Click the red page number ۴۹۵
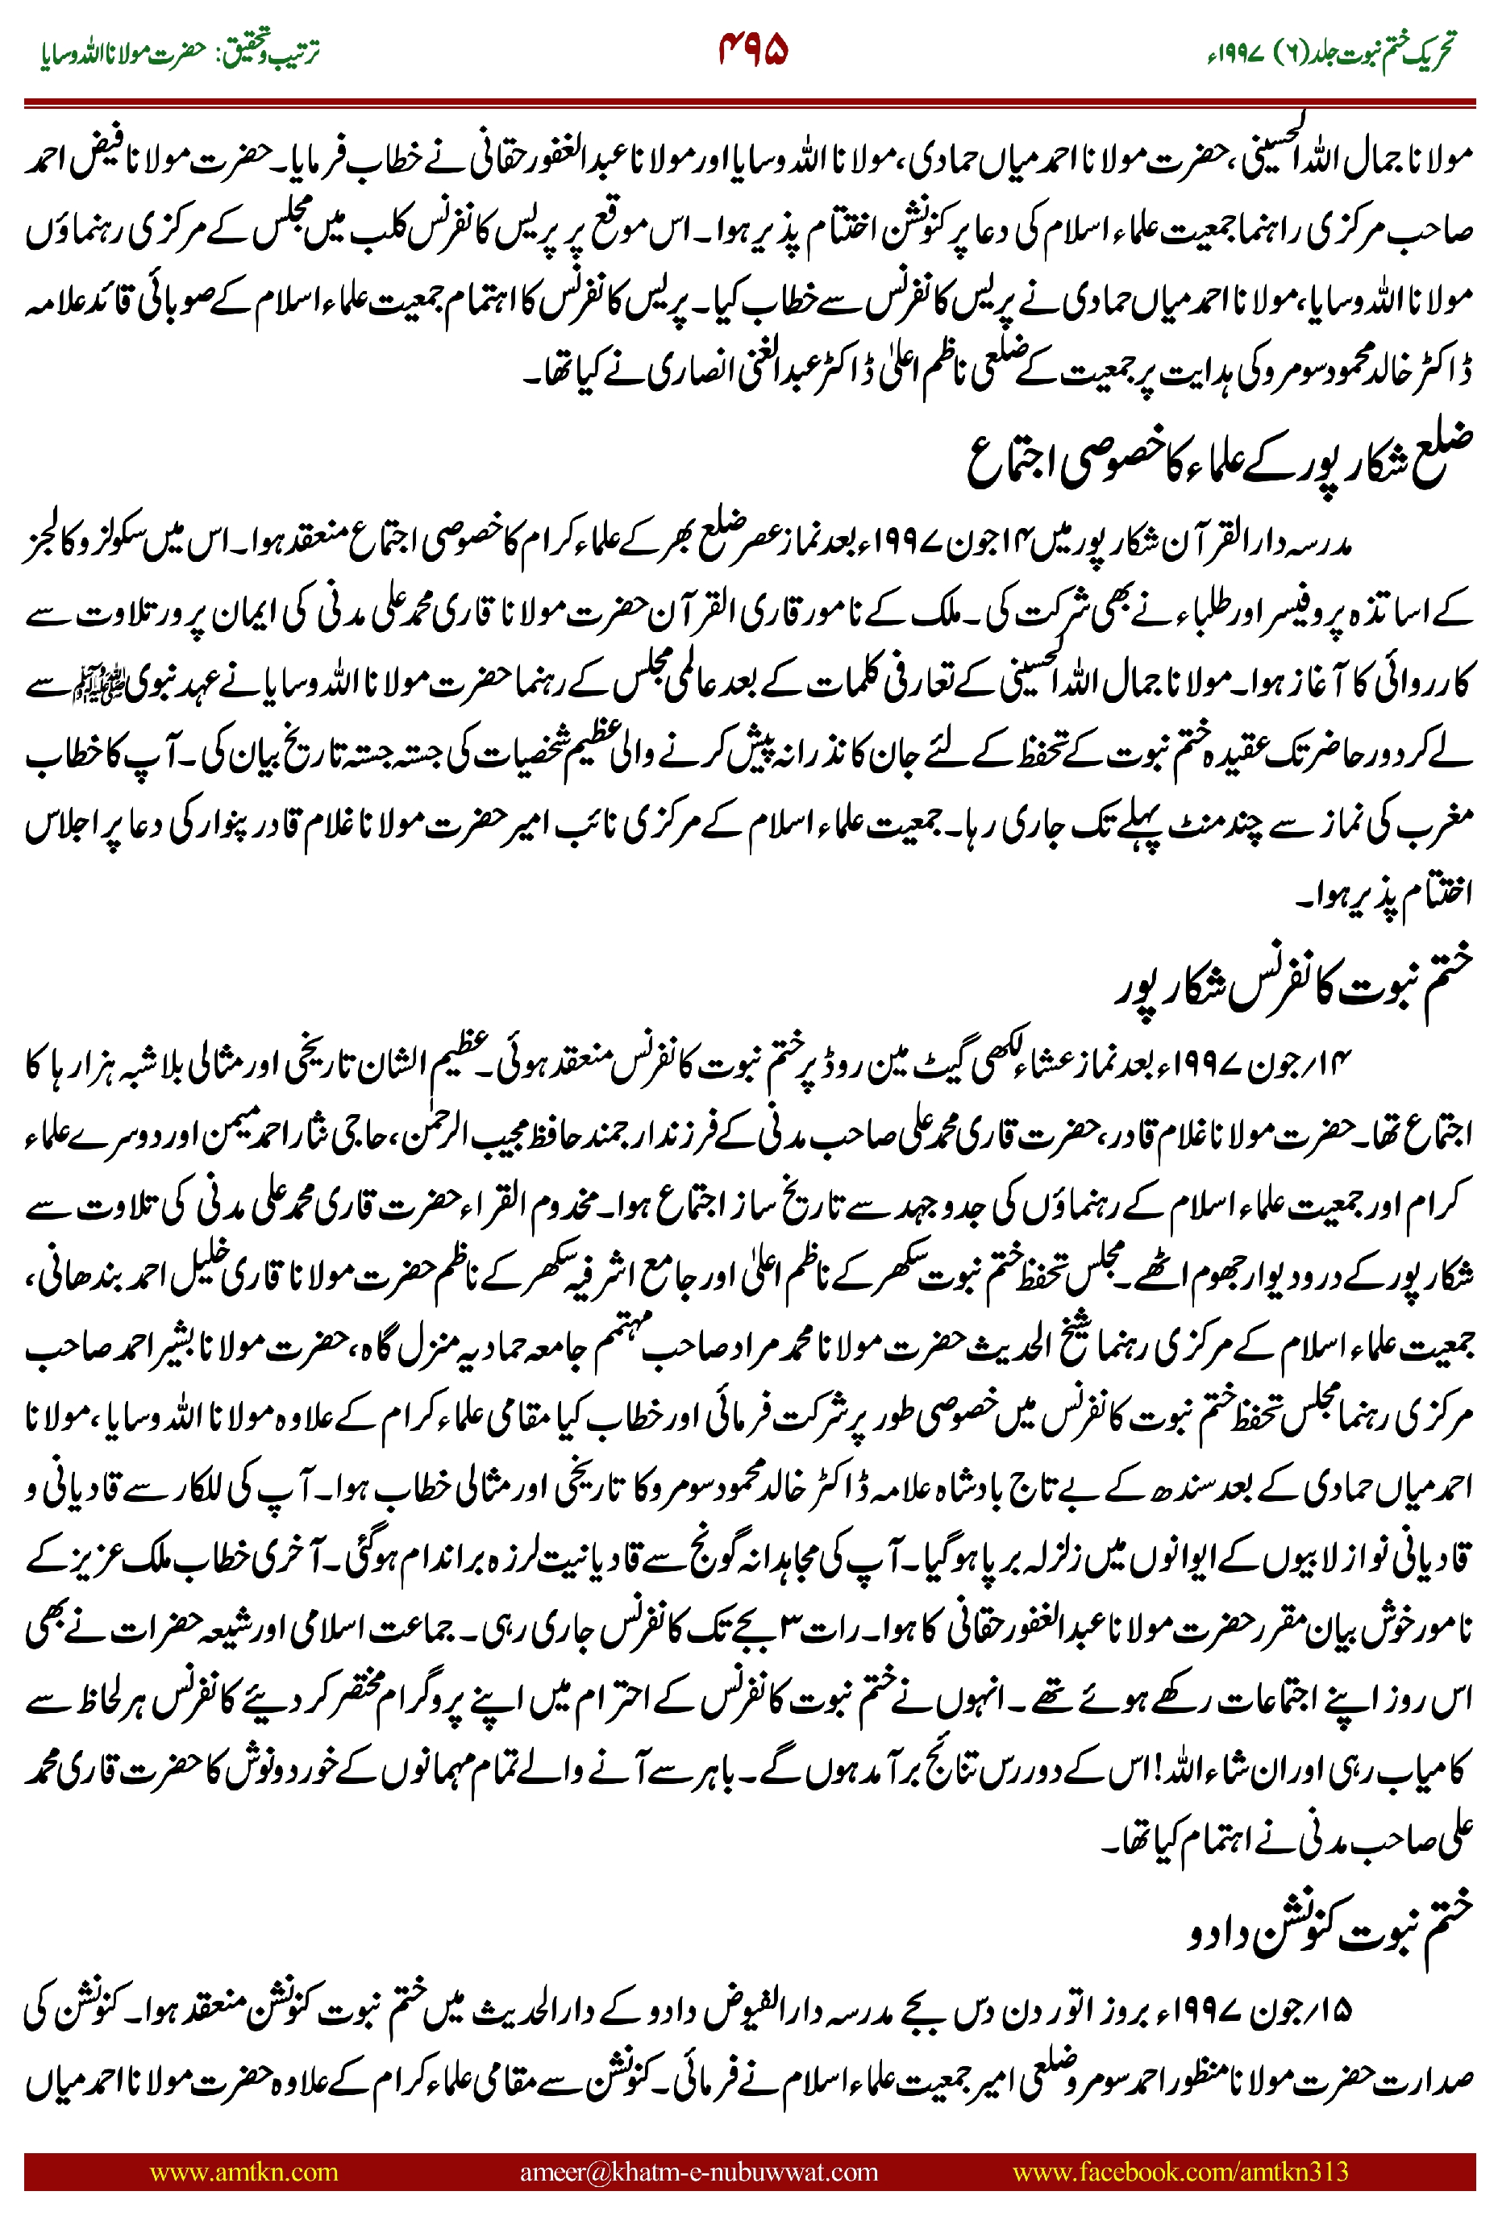(753, 50)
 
